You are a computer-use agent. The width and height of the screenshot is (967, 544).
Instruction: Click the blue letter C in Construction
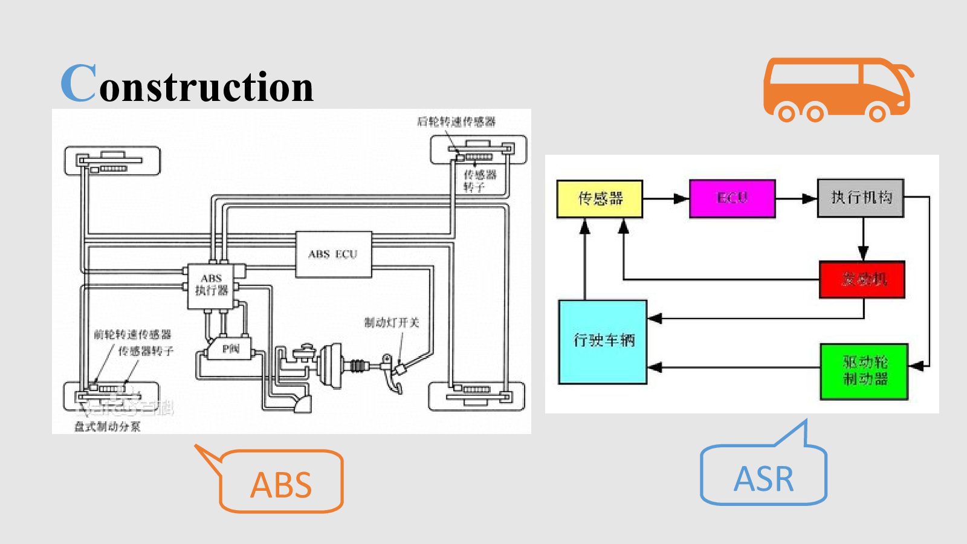(79, 82)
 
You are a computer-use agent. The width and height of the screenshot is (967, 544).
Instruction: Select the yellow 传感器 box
(600, 198)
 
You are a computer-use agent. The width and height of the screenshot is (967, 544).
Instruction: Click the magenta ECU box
(732, 198)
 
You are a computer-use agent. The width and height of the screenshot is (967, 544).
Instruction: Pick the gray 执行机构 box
(860, 198)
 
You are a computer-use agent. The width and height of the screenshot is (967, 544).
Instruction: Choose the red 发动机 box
(862, 279)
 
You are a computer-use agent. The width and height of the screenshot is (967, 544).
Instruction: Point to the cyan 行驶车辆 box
(603, 342)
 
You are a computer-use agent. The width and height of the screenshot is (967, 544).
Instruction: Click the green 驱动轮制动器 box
(864, 371)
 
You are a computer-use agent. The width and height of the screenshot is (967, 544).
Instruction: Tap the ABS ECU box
(333, 254)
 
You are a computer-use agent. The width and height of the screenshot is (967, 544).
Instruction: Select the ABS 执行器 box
(212, 285)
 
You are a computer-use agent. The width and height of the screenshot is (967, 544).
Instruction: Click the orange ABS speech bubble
(281, 484)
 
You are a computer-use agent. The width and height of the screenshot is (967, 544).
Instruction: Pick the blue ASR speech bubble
(763, 478)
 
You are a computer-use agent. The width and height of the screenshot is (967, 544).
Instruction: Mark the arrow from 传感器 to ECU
(665, 198)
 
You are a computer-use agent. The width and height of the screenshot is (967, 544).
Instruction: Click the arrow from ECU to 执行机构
(796, 198)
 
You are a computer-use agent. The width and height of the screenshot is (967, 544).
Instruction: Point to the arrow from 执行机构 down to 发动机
(863, 239)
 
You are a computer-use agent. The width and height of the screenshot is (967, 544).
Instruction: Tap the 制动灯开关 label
(392, 323)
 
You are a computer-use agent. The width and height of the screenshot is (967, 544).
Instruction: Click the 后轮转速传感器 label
(456, 121)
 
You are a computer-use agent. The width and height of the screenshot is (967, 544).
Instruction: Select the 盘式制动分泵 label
(107, 427)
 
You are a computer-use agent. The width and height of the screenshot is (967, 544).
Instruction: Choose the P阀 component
(230, 349)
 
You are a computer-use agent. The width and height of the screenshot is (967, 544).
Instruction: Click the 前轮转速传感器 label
(132, 334)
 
